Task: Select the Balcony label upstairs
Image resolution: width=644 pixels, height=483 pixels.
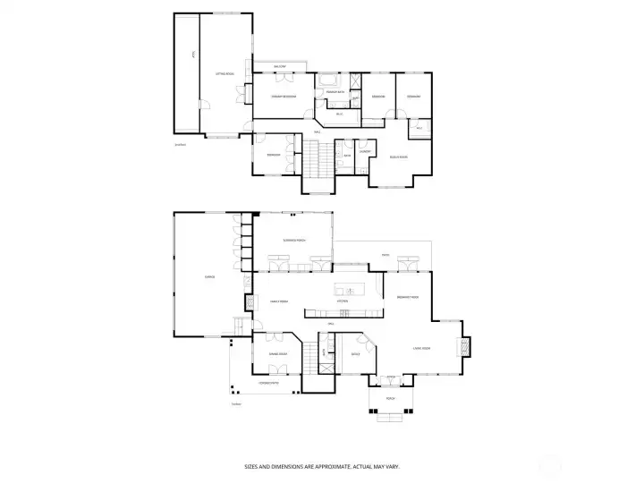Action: (x=279, y=65)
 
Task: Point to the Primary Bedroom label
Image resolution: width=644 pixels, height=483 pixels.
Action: (x=284, y=97)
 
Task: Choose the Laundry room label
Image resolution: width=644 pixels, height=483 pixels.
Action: (x=365, y=151)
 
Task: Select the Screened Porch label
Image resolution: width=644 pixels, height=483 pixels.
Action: (x=294, y=241)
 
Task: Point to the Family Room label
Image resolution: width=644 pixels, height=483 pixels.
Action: (x=278, y=301)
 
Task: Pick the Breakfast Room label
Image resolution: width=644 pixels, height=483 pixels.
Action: (x=409, y=297)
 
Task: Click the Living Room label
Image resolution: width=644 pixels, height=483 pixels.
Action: (x=422, y=348)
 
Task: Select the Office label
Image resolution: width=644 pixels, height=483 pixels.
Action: (x=354, y=354)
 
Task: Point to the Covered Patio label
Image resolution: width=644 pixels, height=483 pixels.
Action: (x=268, y=383)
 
